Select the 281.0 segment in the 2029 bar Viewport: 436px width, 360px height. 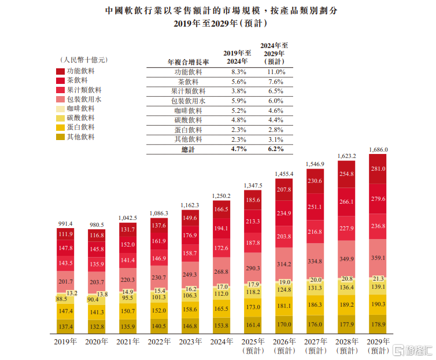click(x=378, y=169)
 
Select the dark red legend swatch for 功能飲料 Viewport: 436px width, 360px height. click(x=61, y=71)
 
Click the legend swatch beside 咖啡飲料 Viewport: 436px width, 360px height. click(x=61, y=108)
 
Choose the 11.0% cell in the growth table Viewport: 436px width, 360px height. click(x=276, y=72)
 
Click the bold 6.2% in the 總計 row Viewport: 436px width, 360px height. click(x=276, y=149)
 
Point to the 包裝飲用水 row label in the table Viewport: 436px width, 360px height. click(x=189, y=101)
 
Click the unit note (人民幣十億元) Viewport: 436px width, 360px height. click(x=83, y=59)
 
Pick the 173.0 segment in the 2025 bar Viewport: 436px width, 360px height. click(x=253, y=306)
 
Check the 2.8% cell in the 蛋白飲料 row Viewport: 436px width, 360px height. click(x=276, y=130)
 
